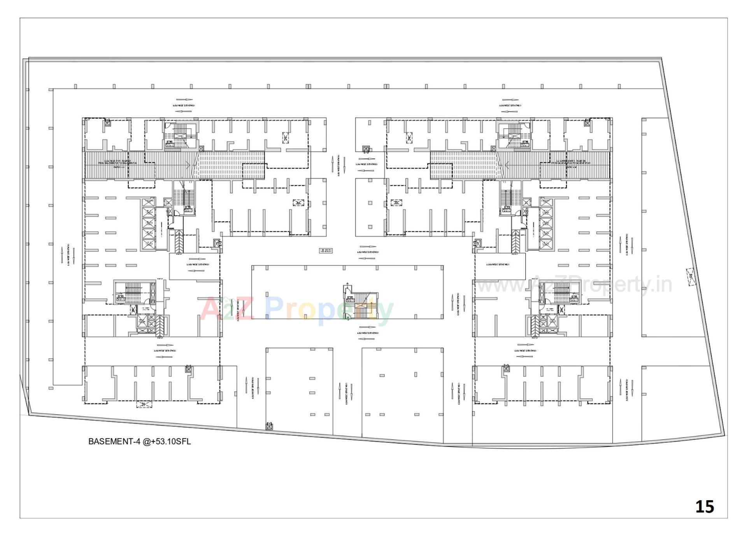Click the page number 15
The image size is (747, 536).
click(704, 506)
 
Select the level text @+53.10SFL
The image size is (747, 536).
click(167, 441)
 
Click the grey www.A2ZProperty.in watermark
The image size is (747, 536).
click(574, 285)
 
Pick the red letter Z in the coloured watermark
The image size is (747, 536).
click(244, 308)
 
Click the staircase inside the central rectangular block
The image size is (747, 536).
click(361, 303)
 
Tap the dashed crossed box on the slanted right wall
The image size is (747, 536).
click(691, 277)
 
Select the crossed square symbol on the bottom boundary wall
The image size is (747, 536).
click(269, 426)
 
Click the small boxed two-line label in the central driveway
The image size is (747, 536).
click(326, 251)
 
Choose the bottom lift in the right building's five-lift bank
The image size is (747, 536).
click(545, 245)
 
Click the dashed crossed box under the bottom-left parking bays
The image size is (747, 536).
click(144, 404)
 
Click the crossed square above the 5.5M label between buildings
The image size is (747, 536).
click(366, 149)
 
